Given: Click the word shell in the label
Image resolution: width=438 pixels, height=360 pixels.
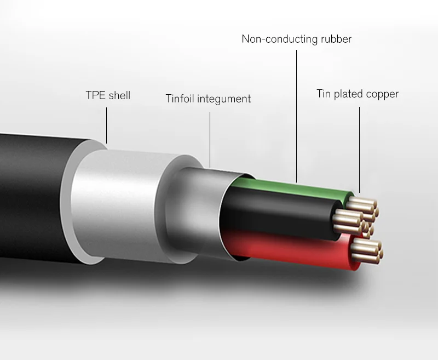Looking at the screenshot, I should tap(119, 95).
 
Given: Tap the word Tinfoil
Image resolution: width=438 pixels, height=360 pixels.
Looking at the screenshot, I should tap(180, 99).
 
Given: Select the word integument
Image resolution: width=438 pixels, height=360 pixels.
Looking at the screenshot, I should tap(224, 99).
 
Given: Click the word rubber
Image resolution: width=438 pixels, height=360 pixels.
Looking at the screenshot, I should tap(335, 39).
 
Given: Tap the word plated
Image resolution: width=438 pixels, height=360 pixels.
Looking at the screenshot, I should tap(350, 94).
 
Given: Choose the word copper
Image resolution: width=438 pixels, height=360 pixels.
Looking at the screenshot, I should tap(383, 94).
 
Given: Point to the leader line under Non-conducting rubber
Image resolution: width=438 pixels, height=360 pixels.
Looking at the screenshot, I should tap(296, 115).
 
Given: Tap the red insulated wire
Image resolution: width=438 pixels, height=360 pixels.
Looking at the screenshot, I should tap(290, 249).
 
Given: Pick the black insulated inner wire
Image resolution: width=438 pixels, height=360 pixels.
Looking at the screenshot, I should tap(279, 216).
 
